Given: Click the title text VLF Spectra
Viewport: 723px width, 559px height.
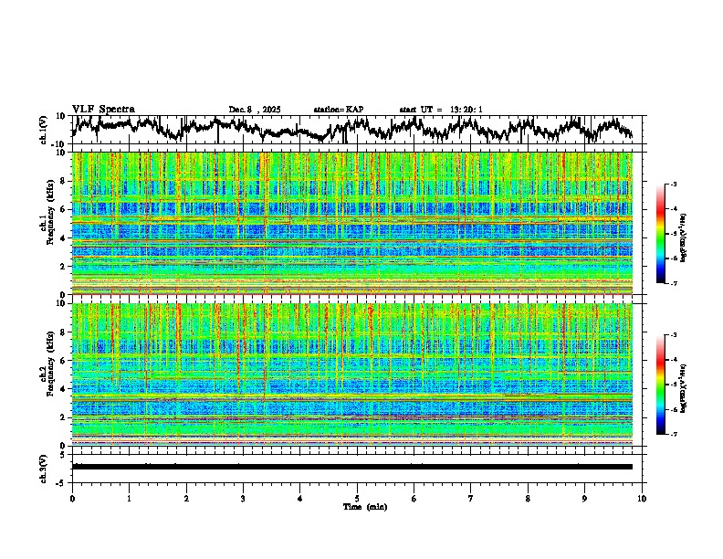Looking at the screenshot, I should point(102,109).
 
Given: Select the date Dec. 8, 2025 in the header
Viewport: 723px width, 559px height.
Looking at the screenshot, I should point(255,110).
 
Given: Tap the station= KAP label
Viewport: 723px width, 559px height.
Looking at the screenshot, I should point(339,110).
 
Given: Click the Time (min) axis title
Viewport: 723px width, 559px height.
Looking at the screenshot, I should point(364,506).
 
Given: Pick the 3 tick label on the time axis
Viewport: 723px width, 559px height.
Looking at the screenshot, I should point(243,498).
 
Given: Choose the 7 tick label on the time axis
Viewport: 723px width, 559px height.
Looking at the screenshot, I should point(471,498).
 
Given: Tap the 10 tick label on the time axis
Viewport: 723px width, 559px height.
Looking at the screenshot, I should point(642,498).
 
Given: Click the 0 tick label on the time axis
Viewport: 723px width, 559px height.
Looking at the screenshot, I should point(72,498).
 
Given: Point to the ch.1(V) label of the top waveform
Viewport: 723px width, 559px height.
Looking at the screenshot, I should point(44,130).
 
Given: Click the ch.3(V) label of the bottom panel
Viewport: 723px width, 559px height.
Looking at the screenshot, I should point(44,466).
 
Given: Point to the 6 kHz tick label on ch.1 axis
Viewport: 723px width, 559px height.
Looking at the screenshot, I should point(64,209).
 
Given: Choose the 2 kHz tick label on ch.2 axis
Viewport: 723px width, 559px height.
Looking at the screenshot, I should point(64,417).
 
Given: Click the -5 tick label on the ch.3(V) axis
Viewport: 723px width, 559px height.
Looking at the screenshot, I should point(61,480).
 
